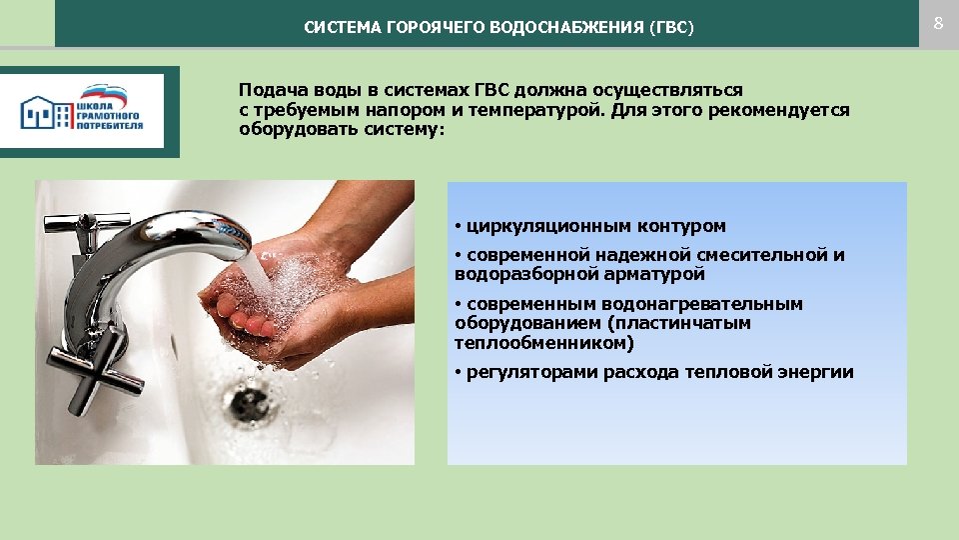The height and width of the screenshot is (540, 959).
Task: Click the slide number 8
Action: coord(938,23)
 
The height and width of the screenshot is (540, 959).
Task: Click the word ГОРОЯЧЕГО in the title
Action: coord(434,28)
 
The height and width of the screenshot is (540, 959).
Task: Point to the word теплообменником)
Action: coord(544,343)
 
